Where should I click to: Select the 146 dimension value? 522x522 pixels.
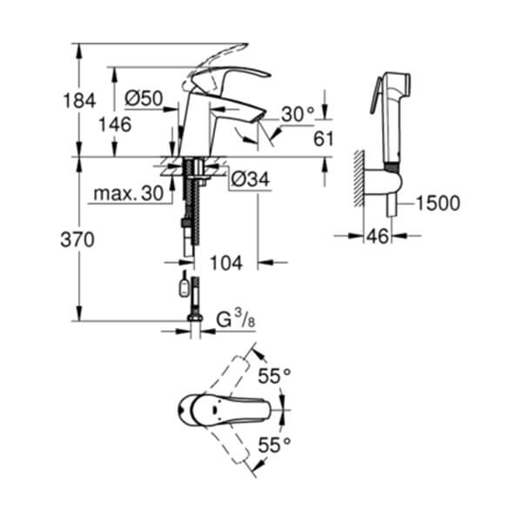coord(115,124)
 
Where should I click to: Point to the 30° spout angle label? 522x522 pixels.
coord(298,115)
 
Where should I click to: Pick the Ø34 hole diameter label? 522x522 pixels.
coord(250,180)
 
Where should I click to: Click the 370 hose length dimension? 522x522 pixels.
coord(78,240)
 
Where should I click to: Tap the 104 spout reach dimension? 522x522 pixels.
coord(226,261)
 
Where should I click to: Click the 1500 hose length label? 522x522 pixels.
coord(438,204)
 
